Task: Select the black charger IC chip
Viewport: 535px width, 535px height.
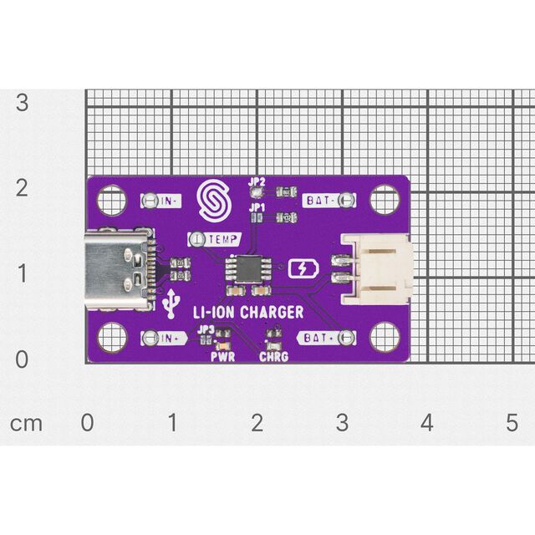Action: (x=248, y=269)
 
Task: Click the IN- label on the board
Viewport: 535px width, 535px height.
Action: (x=169, y=201)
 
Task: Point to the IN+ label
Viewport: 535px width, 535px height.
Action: (x=171, y=338)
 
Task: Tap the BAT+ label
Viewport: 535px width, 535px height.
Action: (x=316, y=338)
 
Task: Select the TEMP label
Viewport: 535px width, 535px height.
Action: (x=222, y=239)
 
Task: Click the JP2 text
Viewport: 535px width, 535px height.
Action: (x=257, y=181)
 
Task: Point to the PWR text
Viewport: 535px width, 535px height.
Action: (x=223, y=357)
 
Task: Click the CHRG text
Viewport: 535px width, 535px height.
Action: (x=273, y=357)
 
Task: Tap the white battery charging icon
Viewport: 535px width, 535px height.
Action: (x=303, y=269)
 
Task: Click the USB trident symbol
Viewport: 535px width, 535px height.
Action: (x=171, y=303)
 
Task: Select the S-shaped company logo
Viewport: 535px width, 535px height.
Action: (x=214, y=200)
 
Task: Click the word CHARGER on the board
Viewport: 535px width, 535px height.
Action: (x=272, y=312)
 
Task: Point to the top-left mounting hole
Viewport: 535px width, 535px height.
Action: (x=112, y=200)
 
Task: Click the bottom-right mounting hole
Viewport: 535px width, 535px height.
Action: (x=385, y=337)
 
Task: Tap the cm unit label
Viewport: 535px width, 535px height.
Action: (x=26, y=424)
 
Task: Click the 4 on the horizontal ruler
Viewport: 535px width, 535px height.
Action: (x=427, y=422)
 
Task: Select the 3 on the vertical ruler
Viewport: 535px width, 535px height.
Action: (x=23, y=102)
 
